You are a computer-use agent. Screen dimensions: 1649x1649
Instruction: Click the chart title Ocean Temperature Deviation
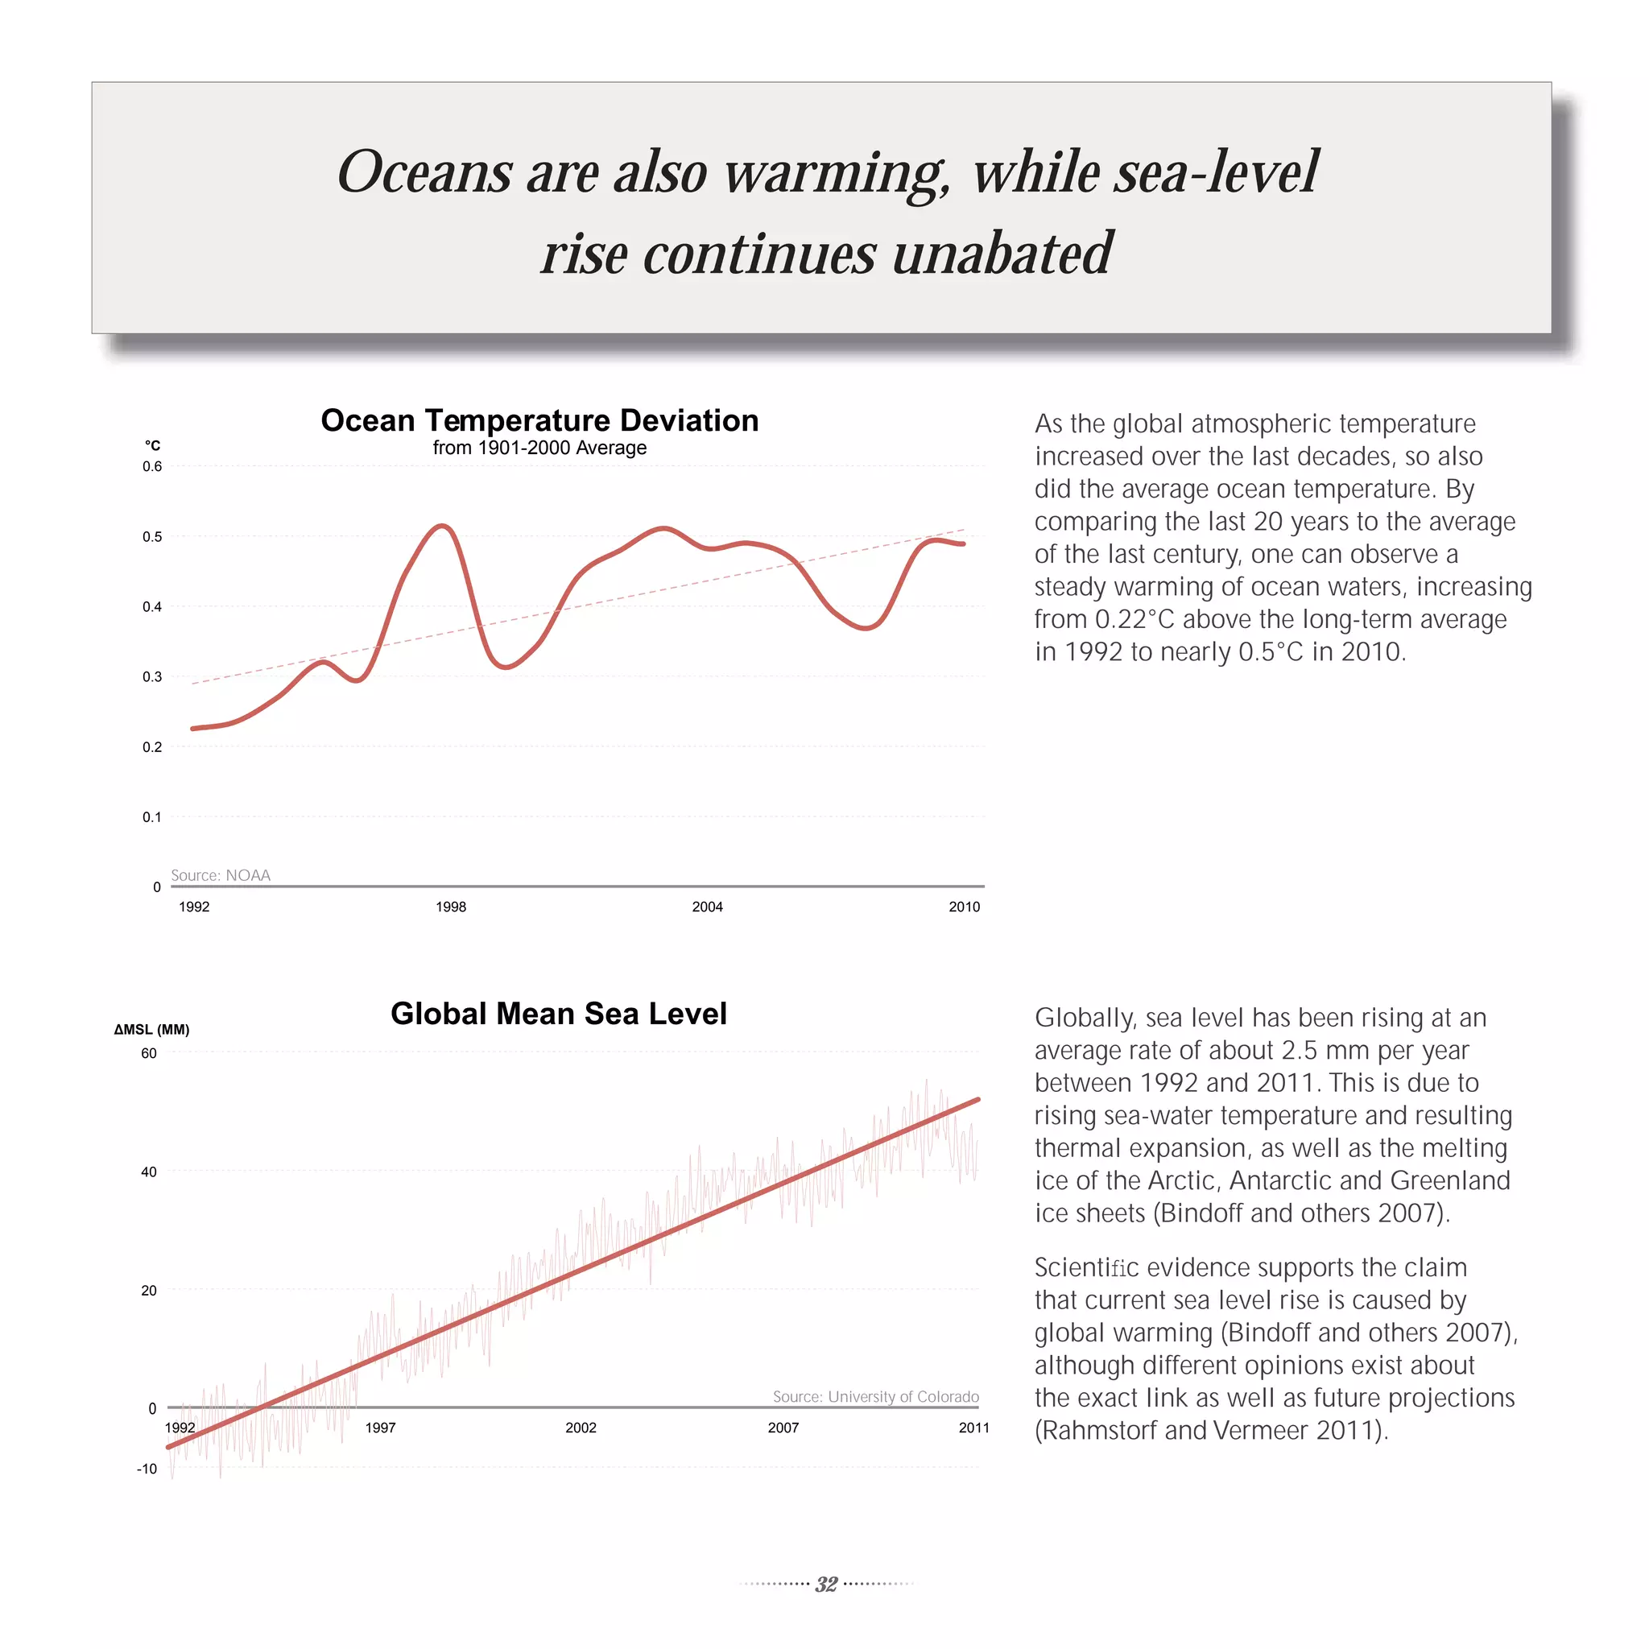(x=539, y=421)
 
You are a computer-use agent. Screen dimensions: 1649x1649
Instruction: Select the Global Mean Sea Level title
(x=558, y=1013)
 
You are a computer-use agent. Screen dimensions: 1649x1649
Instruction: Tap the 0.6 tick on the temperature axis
(x=152, y=466)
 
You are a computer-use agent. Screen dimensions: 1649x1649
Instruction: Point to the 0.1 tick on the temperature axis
(x=152, y=816)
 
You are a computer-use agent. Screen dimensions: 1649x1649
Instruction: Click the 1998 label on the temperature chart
(x=451, y=907)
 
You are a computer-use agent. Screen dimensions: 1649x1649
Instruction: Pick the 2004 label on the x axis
(x=707, y=907)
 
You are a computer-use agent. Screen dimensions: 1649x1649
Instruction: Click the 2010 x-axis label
(x=964, y=907)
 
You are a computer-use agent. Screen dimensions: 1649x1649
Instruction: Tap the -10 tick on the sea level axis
(x=147, y=1469)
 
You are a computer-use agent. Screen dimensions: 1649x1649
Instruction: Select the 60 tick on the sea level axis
(x=148, y=1053)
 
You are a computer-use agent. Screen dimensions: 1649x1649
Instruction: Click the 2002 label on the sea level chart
(x=581, y=1428)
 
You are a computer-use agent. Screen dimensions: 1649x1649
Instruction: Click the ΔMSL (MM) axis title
(x=152, y=1029)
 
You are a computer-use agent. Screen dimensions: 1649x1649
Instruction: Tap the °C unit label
(x=153, y=445)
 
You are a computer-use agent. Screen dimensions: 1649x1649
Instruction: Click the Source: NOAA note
(x=220, y=875)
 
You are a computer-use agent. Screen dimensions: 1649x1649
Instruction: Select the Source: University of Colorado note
(x=876, y=1396)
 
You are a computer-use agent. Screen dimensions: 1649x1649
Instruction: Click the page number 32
(x=825, y=1584)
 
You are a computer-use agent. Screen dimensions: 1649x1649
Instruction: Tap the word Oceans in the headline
(x=424, y=172)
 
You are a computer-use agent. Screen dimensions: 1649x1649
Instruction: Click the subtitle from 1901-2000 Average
(x=539, y=448)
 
